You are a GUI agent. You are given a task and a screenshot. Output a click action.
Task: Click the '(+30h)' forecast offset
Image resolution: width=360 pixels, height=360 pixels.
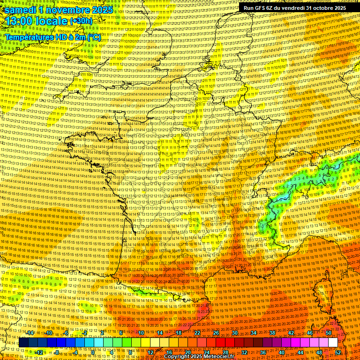coord(81,21)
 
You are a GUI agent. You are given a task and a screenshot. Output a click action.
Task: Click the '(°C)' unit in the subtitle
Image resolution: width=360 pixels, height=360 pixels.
coord(92,37)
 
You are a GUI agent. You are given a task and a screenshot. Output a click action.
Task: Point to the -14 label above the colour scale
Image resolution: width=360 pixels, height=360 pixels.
coord(30,333)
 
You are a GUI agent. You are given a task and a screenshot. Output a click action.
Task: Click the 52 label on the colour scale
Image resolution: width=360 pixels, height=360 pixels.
coord(338,352)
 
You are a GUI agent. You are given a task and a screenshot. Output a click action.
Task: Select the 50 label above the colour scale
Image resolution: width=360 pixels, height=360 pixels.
coord(329,333)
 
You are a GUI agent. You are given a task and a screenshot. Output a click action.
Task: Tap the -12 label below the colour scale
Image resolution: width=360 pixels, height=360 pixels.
coord(40,352)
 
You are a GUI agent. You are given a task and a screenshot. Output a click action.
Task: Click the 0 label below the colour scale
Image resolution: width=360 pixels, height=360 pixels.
coord(93,352)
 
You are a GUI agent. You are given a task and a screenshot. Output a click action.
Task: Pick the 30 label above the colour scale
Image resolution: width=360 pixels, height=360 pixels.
coord(234,333)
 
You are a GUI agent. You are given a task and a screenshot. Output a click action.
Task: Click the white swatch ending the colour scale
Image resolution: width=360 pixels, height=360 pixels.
coord(333,343)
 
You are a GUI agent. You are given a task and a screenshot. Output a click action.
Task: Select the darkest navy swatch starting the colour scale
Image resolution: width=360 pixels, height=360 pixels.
coord(23,343)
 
